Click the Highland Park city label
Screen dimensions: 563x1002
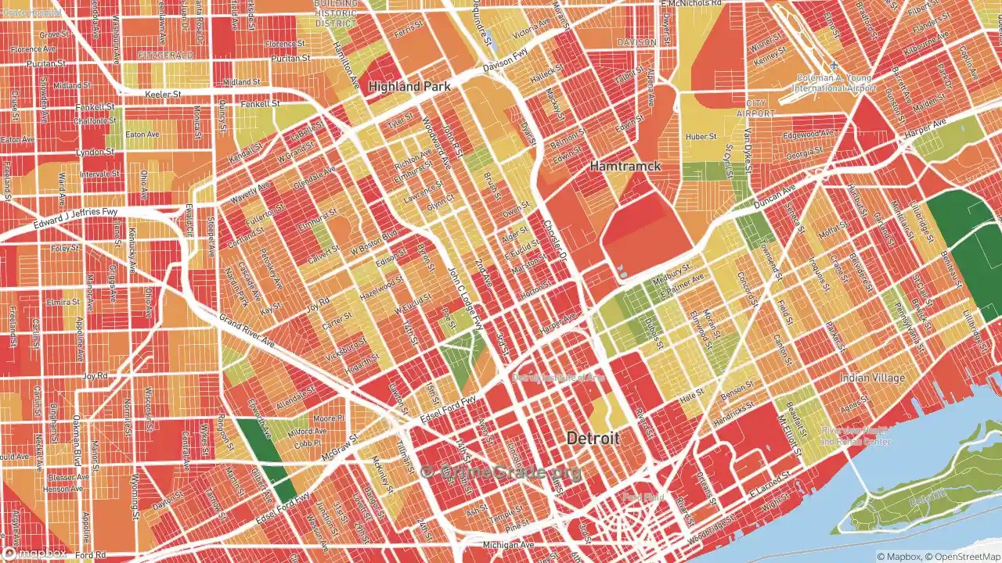click(x=409, y=87)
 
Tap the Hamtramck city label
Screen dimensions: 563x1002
click(x=625, y=167)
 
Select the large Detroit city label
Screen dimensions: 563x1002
click(x=593, y=439)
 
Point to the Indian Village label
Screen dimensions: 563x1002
click(x=872, y=378)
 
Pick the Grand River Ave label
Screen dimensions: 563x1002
click(x=247, y=331)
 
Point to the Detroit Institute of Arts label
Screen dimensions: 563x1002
click(x=557, y=377)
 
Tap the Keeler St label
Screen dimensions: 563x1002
click(x=163, y=94)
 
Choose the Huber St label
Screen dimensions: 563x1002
click(x=701, y=136)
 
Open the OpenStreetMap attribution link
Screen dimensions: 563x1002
click(x=962, y=556)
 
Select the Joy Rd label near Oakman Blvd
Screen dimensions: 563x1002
click(x=95, y=376)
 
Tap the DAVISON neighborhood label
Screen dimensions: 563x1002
click(x=636, y=42)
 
